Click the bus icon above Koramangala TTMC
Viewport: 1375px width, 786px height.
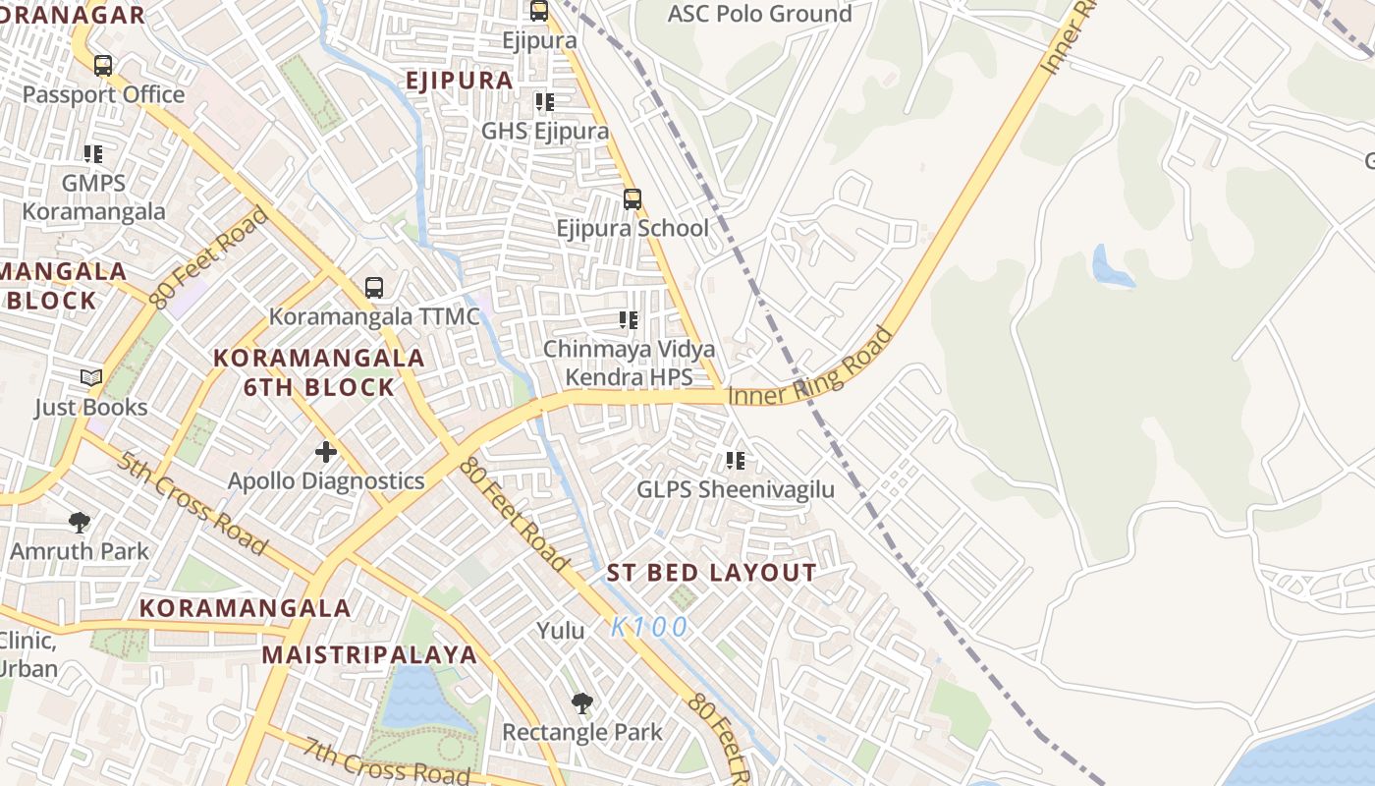(x=373, y=288)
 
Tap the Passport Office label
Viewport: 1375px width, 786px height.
(x=103, y=94)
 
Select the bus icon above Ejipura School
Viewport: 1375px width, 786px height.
(x=632, y=199)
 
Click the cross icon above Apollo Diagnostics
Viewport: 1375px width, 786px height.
(x=326, y=452)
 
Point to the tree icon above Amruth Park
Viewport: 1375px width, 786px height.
(x=80, y=523)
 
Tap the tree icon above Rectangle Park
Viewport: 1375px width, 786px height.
(x=582, y=703)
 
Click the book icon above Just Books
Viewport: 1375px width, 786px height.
(x=91, y=378)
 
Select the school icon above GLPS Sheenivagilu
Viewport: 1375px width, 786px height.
(x=735, y=460)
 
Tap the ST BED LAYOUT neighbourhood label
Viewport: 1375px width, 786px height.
(x=711, y=573)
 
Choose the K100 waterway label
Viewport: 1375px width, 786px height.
(x=649, y=627)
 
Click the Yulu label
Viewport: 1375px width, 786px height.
(x=560, y=631)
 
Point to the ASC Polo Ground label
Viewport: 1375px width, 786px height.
(x=759, y=14)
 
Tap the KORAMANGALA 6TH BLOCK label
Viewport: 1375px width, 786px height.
(x=319, y=372)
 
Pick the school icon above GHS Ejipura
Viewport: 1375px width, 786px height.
(x=544, y=102)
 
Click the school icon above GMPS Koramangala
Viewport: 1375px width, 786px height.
(x=93, y=154)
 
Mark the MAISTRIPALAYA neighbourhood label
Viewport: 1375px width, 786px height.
(x=369, y=654)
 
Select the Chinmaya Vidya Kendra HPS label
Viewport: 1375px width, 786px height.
(x=629, y=363)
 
